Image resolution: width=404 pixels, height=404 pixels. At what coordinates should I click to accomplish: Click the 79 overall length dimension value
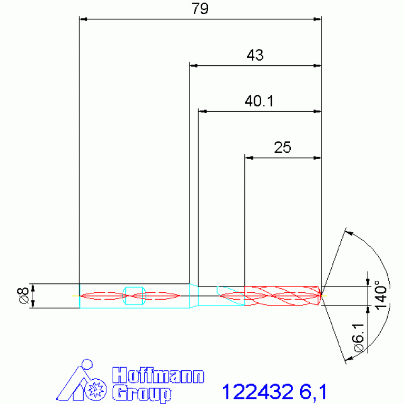tap(200, 8)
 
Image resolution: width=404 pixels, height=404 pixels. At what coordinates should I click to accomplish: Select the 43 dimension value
tap(255, 55)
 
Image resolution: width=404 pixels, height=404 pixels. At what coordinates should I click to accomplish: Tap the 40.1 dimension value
tap(259, 101)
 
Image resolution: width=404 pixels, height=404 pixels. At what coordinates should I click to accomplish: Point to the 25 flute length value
tap(282, 147)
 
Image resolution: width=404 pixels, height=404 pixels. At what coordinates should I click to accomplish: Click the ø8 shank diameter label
tap(23, 296)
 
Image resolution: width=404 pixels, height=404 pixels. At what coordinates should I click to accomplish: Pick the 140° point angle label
tap(381, 295)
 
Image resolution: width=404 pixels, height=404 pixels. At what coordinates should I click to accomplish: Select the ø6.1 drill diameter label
tap(359, 338)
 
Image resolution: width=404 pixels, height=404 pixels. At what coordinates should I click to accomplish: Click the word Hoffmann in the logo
tap(158, 375)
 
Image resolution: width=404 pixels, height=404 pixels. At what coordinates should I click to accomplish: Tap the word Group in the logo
tap(142, 393)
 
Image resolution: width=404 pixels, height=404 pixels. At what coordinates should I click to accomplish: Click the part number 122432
tap(258, 392)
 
